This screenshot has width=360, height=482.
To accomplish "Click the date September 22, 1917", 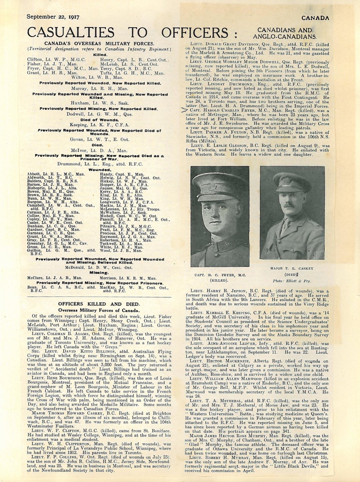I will point(53,17).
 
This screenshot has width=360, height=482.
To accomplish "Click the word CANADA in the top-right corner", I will point(315,18).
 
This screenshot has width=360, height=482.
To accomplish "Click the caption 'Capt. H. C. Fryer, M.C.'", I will point(220,275).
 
